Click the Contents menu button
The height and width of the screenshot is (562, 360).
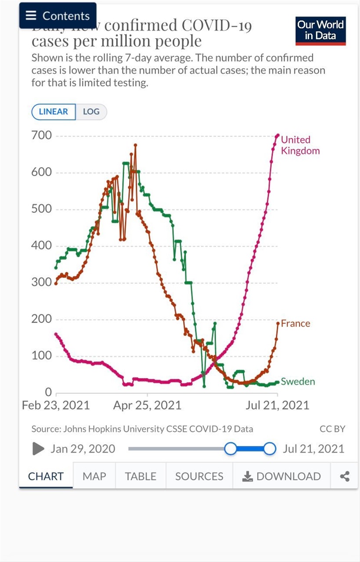click(x=58, y=15)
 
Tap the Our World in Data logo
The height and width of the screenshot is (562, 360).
click(x=320, y=30)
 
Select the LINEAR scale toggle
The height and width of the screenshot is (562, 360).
click(x=54, y=112)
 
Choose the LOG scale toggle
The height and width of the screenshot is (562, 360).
click(x=91, y=112)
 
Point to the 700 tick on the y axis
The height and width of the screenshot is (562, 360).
click(x=41, y=136)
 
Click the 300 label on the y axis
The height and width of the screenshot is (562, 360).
click(x=41, y=282)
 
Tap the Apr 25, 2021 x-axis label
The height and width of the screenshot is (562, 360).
click(x=147, y=405)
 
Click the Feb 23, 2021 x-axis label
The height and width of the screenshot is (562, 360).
click(x=56, y=405)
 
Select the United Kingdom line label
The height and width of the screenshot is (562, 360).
click(x=300, y=145)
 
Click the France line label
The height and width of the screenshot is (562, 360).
click(x=295, y=324)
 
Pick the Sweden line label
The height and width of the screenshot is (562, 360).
click(x=298, y=382)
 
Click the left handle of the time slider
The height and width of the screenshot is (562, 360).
click(x=230, y=449)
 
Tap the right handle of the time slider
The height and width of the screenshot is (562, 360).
click(x=270, y=449)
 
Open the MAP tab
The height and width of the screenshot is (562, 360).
click(x=94, y=476)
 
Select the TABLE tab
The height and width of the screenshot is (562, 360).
click(x=140, y=476)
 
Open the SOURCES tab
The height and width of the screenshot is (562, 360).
click(x=199, y=476)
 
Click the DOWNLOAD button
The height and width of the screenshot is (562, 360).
click(x=282, y=476)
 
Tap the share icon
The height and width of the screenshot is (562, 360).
click(x=345, y=476)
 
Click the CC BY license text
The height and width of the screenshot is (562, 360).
click(x=332, y=429)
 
